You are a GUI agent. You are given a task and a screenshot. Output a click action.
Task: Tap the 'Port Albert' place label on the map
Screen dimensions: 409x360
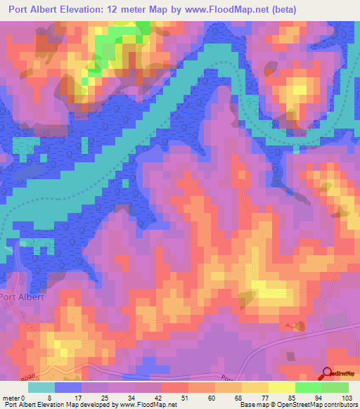pyautogui.click(x=22, y=297)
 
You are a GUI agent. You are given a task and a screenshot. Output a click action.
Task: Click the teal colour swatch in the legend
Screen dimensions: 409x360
pyautogui.click(x=41, y=387)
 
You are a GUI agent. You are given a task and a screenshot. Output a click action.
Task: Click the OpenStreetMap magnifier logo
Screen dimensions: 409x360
pyautogui.click(x=328, y=373)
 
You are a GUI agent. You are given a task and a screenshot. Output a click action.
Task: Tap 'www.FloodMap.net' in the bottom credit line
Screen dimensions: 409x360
pyautogui.click(x=147, y=405)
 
